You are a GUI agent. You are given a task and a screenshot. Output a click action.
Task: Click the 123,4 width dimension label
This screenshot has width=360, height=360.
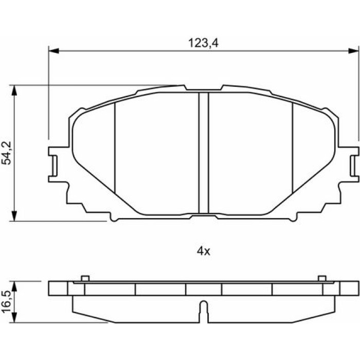click(203, 43)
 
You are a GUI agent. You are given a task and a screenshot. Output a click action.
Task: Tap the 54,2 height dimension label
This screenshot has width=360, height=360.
click(6, 153)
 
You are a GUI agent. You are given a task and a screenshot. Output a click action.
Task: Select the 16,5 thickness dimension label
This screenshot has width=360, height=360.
click(6, 301)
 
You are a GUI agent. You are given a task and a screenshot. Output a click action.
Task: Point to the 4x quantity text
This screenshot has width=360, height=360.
click(204, 251)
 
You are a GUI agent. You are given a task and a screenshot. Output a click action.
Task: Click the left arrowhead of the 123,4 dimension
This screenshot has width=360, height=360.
click(53, 51)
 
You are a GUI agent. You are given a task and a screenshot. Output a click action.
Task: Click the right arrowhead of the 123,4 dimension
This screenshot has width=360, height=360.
click(353, 51)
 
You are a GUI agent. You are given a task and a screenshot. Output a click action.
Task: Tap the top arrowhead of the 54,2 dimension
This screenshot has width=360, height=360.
click(14, 91)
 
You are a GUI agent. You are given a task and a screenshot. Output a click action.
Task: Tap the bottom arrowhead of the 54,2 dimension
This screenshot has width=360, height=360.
click(14, 216)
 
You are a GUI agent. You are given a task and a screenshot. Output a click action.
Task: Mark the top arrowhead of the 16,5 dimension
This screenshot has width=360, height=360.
click(14, 286)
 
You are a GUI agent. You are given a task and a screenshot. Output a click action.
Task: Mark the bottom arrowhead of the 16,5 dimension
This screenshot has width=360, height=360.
click(14, 317)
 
